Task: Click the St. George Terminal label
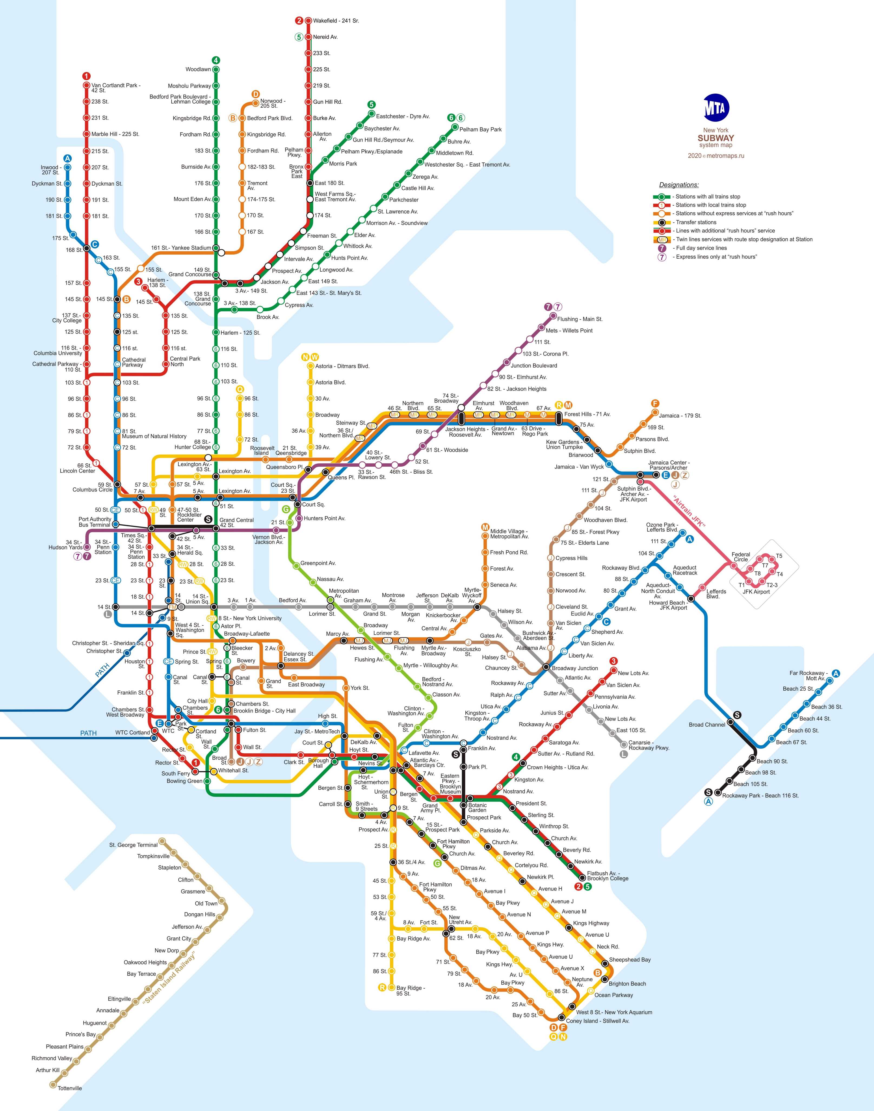[x=133, y=845]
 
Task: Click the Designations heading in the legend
[x=679, y=185]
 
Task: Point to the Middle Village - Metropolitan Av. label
[x=509, y=534]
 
